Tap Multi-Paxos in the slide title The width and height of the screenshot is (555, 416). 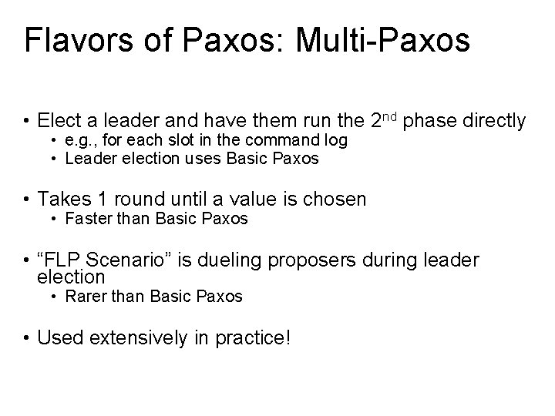tap(383, 41)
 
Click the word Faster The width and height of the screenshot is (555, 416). tap(87, 219)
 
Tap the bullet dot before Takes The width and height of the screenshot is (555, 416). tap(27, 200)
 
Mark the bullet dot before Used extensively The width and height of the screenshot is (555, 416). tap(27, 337)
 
